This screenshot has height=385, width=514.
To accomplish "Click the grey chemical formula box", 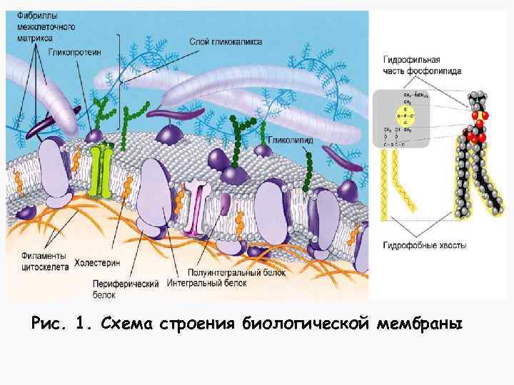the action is click(401, 118).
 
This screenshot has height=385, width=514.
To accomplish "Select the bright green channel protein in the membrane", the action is click(107, 170).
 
